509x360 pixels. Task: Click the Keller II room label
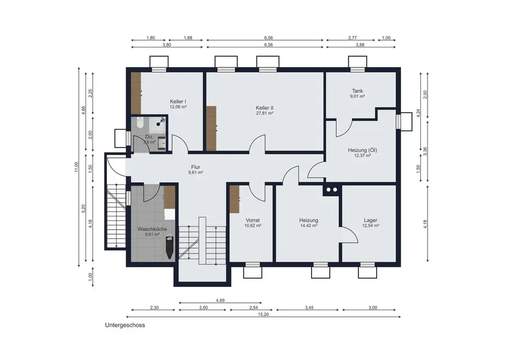pos(265,108)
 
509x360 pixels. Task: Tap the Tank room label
pos(357,91)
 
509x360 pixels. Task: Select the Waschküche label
pos(152,229)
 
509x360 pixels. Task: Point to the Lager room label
pos(371,220)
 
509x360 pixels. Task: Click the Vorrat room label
pos(252,220)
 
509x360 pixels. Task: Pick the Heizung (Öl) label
pos(362,150)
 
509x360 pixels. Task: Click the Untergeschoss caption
pos(125,325)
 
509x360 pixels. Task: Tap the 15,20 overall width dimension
pos(264,314)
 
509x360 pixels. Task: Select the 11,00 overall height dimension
pos(77,167)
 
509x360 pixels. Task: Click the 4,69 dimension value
pos(220,300)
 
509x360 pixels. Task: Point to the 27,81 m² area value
pos(265,113)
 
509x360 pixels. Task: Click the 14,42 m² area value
pos(309,225)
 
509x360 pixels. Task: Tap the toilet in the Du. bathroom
pos(140,123)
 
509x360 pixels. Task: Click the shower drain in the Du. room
pos(158,124)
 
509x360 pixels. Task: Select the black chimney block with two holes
pos(332,190)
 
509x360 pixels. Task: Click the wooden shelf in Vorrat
pos(234,199)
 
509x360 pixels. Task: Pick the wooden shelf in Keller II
pos(211,128)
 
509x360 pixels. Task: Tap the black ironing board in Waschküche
pos(169,247)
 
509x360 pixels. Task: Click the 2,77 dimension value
pos(353,38)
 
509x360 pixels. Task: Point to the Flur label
pos(196,167)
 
